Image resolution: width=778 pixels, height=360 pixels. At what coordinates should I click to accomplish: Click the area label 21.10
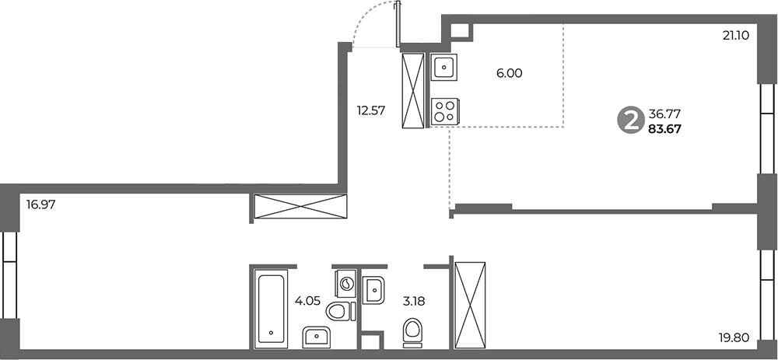click(x=735, y=35)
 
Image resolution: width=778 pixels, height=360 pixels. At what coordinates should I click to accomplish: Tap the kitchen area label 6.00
click(x=509, y=73)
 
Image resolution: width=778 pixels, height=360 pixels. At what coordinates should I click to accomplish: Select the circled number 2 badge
click(x=629, y=121)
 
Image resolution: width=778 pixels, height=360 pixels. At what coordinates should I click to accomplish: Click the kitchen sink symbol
click(x=444, y=68)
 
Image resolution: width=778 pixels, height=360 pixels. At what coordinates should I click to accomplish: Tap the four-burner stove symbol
click(x=444, y=110)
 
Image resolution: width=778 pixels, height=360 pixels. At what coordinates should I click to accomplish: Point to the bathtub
click(x=272, y=307)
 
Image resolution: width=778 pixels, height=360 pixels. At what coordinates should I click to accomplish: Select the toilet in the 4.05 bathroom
click(x=338, y=313)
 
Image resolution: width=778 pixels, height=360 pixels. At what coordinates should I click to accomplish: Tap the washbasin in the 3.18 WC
click(x=375, y=290)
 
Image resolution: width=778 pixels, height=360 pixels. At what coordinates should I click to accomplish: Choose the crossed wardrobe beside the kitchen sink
click(x=413, y=90)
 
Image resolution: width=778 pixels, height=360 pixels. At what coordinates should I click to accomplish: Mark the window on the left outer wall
click(x=9, y=273)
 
